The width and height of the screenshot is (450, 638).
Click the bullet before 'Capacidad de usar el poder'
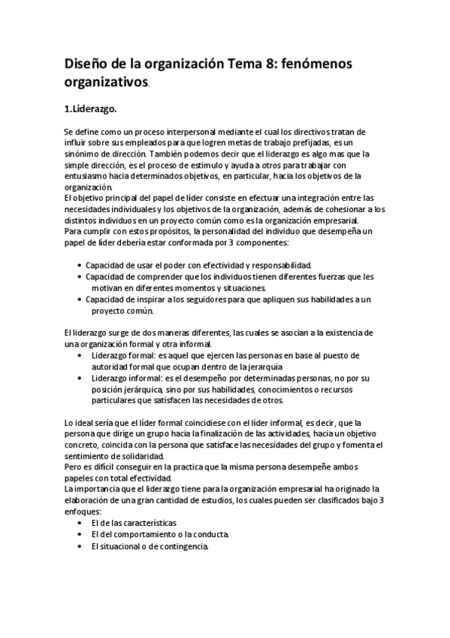coord(80,266)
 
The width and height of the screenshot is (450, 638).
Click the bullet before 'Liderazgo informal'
coord(80,378)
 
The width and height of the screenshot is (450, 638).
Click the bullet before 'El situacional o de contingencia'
coord(80,546)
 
